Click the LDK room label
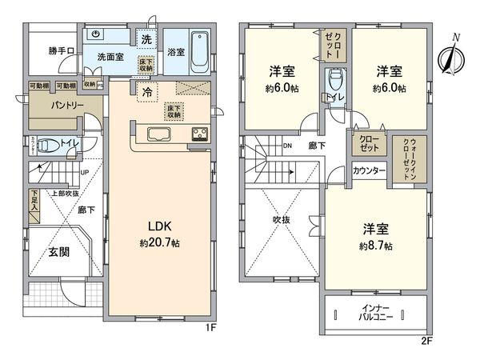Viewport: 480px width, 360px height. point(158,225)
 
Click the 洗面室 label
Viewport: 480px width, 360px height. point(109,57)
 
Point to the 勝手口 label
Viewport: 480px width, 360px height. point(61,51)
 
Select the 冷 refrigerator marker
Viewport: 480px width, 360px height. point(147,92)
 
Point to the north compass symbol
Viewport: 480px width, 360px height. point(451,54)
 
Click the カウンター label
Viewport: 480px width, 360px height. point(370,172)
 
